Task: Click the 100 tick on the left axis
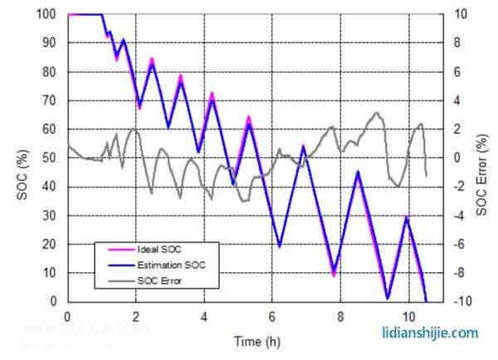click(47, 14)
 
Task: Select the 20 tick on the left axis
click(50, 244)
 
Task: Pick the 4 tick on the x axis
click(203, 316)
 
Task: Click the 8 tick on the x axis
click(340, 316)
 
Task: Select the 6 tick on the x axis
click(271, 316)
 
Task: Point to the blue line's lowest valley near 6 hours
click(280, 246)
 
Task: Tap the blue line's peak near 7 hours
click(304, 147)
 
